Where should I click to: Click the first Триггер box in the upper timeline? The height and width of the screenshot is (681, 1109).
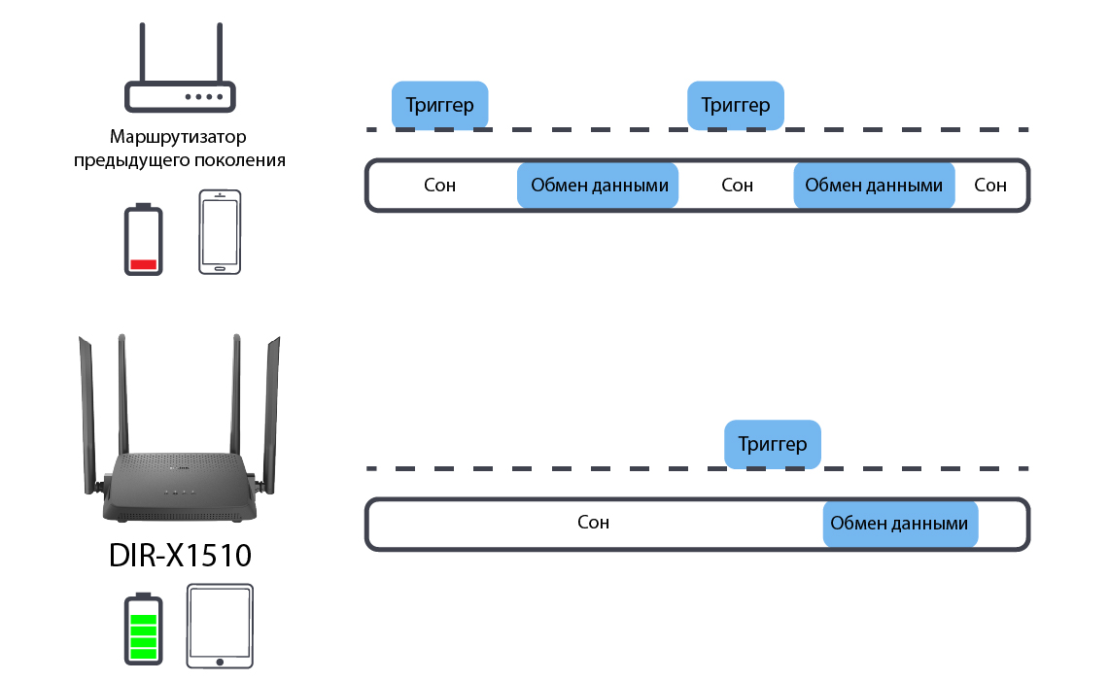pos(439,105)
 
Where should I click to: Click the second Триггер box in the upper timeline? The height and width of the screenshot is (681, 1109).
pos(735,105)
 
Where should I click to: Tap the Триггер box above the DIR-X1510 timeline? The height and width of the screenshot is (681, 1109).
pos(773,445)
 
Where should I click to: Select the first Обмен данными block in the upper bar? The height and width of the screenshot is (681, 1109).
pos(598,185)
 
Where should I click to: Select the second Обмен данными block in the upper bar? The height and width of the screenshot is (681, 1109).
pos(874,185)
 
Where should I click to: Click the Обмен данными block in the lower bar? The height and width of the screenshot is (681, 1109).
pos(900,524)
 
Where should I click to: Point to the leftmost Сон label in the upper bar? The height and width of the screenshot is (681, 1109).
pos(440,185)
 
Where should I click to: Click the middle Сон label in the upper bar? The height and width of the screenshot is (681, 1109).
pos(738,185)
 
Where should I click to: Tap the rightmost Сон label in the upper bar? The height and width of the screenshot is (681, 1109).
pos(990,185)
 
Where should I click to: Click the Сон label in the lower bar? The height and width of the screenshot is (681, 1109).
pos(593,523)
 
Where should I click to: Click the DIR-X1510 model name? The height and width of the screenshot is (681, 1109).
pos(180,557)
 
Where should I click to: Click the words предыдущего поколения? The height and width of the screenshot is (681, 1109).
pos(180,159)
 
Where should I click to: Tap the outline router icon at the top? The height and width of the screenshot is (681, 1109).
pos(180,73)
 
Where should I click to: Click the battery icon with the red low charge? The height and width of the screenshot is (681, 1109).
pos(144,240)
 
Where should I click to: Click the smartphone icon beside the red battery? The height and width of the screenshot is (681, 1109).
pos(220,233)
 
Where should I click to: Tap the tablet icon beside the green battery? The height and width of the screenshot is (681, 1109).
pos(220,627)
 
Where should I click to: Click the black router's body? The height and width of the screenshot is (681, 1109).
pos(180,486)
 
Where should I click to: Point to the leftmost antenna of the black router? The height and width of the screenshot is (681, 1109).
pos(87,408)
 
